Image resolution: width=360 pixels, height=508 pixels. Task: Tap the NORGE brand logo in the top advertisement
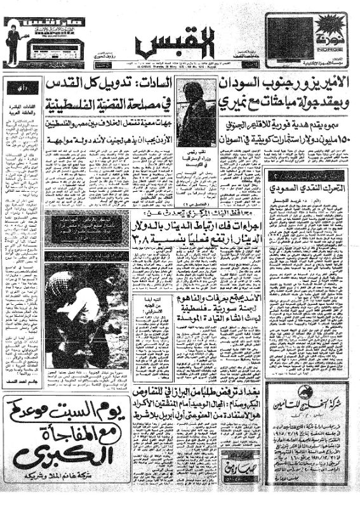330,32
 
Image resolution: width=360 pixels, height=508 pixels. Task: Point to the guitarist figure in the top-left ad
13,42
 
